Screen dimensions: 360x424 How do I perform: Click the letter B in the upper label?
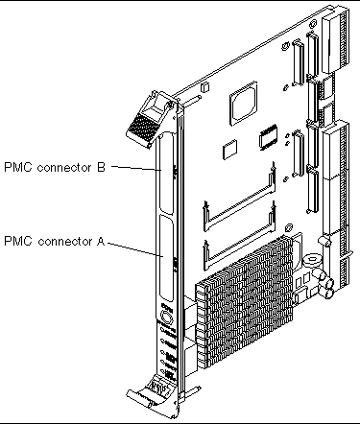(x=101, y=167)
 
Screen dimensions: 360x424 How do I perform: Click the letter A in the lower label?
(x=101, y=241)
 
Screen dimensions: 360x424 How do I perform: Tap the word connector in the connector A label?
(x=65, y=241)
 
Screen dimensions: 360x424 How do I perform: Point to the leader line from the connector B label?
(x=136, y=168)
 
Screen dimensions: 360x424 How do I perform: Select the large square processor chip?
(x=243, y=103)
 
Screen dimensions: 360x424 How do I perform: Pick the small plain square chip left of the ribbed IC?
(x=229, y=149)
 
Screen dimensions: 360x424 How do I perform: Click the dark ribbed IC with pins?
(x=268, y=137)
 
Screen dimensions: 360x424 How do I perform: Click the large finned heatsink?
(x=245, y=301)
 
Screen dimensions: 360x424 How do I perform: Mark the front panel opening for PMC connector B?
(x=167, y=174)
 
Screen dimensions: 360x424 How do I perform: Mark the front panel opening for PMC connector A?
(x=167, y=258)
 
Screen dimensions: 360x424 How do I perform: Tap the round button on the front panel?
(x=166, y=318)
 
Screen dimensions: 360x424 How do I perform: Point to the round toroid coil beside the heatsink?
(x=311, y=261)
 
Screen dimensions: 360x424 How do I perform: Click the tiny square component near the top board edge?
(x=204, y=87)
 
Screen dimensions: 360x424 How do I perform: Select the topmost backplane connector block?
(x=335, y=43)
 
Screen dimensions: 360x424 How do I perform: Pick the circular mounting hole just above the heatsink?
(x=288, y=227)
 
